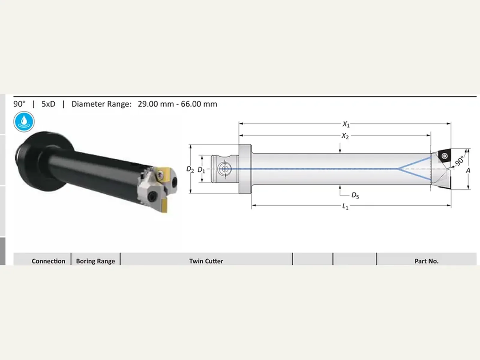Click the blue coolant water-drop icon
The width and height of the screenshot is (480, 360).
(24, 121)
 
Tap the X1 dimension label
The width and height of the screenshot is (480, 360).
(346, 124)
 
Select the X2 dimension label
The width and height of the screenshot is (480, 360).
(345, 136)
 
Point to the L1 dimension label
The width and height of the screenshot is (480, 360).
(345, 206)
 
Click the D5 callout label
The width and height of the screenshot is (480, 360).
(355, 195)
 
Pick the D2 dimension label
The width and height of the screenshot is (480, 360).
(190, 169)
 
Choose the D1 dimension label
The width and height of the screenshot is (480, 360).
(201, 170)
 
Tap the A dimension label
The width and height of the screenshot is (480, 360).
(468, 170)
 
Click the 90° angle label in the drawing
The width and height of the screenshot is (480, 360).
(459, 161)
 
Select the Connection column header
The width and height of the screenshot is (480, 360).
(48, 261)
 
